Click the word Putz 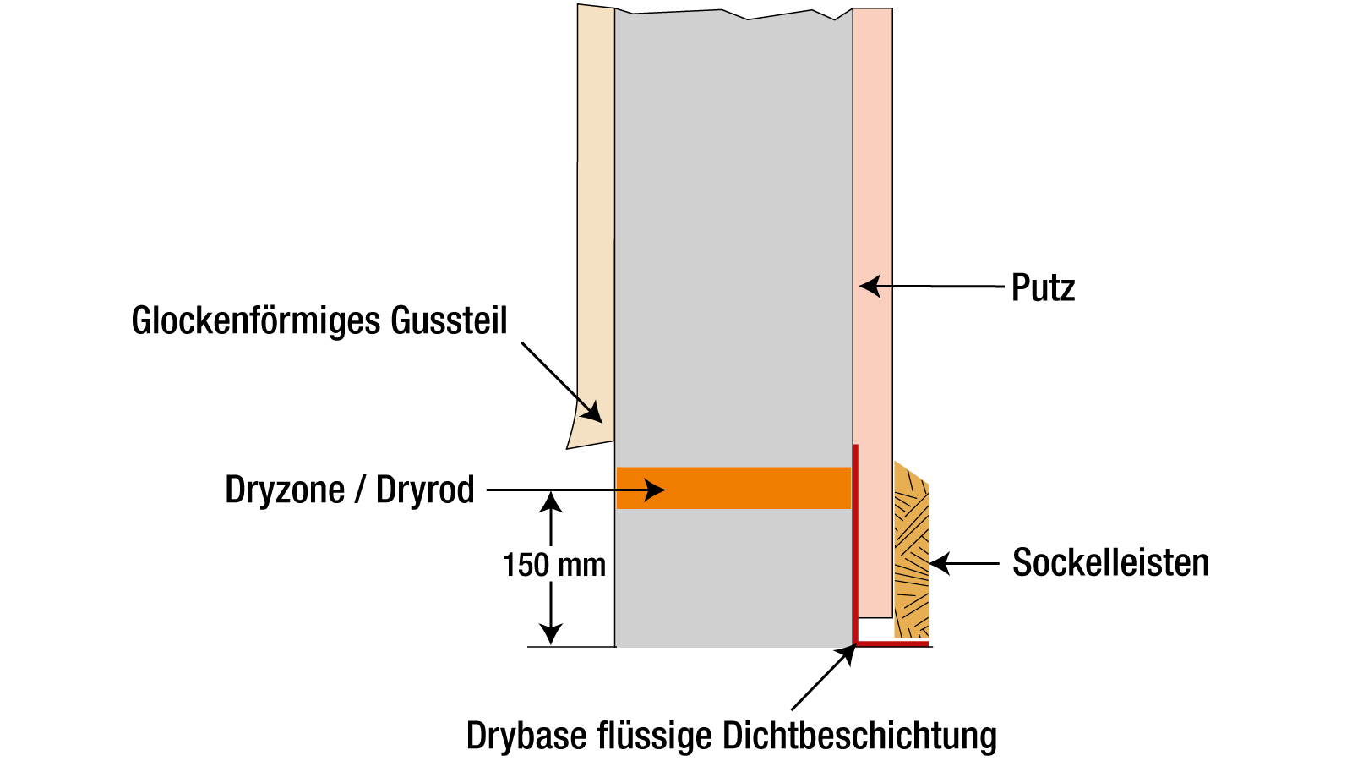point(1043,288)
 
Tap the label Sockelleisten point(1110,563)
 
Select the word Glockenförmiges point(255,321)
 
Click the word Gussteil point(449,321)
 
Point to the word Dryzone point(285,490)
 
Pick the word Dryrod point(425,490)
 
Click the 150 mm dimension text point(554,565)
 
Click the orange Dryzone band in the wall point(760,488)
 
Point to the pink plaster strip point(873,169)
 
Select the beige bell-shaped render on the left point(596,211)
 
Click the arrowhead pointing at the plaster point(869,287)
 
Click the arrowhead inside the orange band point(656,490)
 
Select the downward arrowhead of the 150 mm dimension point(551,634)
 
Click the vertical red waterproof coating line point(855,541)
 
